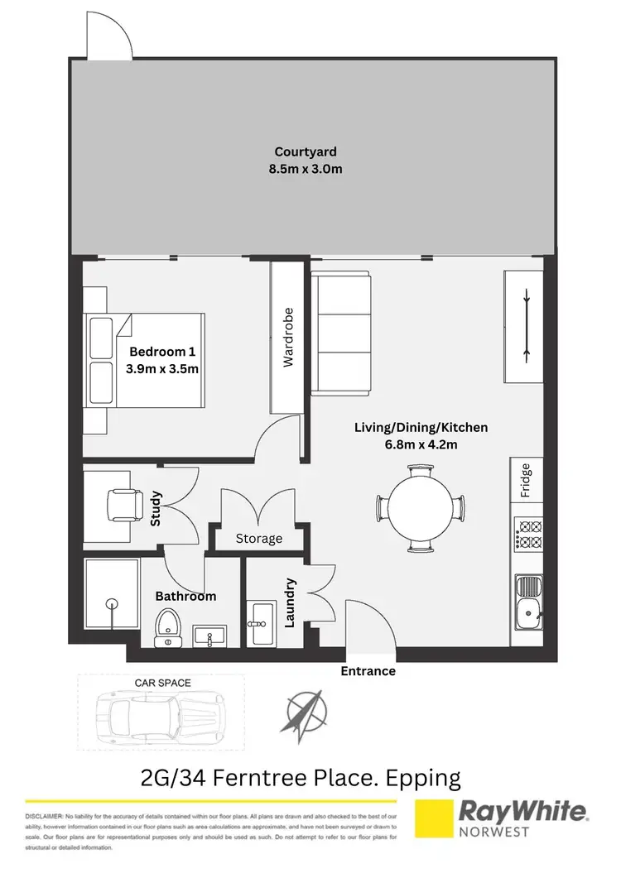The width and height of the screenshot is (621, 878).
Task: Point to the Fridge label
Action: coord(526,480)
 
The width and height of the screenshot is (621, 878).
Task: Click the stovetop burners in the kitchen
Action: coord(527,534)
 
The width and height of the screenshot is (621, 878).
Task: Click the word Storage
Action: coord(258,539)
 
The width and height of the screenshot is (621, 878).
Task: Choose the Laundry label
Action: coord(291,602)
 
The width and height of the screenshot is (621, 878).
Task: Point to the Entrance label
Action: coord(368,671)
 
